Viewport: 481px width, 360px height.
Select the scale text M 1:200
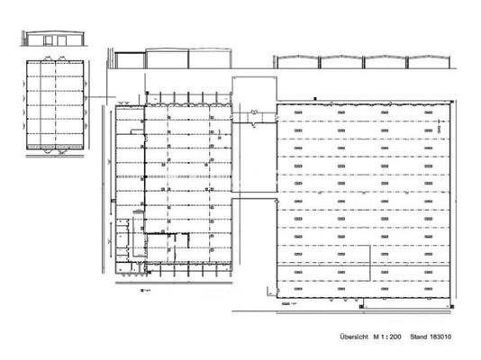389,336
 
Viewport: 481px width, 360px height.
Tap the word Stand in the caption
428,336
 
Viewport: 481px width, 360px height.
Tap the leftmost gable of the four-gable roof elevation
296,60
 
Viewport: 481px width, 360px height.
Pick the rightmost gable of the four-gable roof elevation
428,60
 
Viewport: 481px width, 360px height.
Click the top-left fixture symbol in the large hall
297,130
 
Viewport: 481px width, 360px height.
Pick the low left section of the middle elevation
130,59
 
